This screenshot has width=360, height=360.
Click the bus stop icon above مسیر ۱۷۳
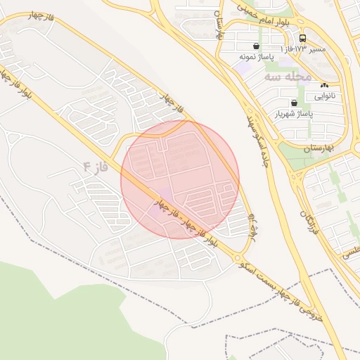click(302, 38)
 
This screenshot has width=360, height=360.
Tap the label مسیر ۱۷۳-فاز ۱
click(304, 49)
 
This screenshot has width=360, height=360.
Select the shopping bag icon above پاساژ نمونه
click(255, 46)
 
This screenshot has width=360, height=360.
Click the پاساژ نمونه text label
click(255, 56)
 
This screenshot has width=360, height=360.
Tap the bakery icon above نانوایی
click(324, 85)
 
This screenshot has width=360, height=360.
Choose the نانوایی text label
click(324, 96)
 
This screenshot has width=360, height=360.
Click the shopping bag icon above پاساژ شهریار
click(294, 103)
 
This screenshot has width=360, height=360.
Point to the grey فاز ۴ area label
click(96, 167)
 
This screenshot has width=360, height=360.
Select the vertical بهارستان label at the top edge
click(219, 20)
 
